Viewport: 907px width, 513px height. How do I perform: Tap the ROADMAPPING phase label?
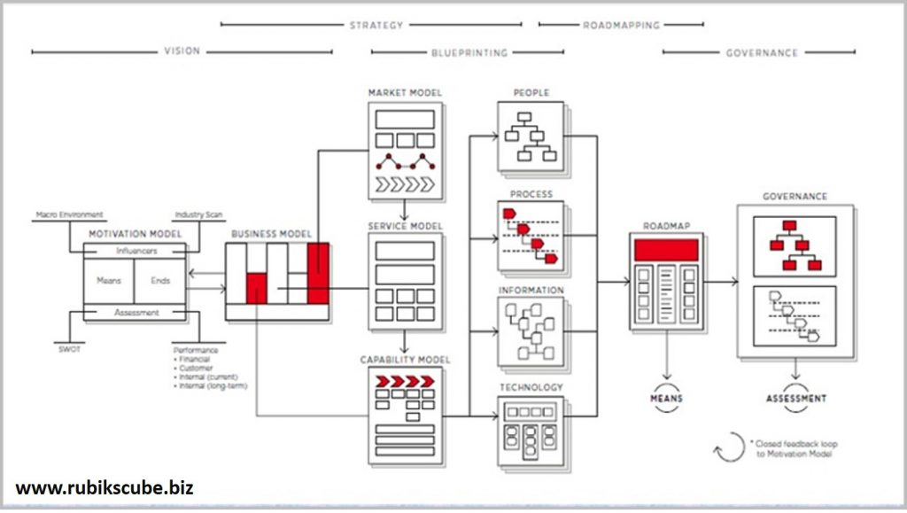point(622,25)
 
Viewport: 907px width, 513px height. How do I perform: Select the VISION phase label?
point(182,52)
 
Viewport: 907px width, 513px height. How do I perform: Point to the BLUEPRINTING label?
point(469,52)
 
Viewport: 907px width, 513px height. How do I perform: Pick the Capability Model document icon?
point(405,413)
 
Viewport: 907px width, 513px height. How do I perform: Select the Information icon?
point(530,331)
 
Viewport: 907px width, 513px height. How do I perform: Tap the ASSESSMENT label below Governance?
point(796,399)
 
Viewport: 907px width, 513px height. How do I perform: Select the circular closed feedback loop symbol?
point(729,447)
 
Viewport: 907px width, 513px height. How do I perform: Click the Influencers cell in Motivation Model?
point(136,252)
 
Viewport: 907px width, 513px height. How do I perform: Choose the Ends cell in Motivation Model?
point(160,281)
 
